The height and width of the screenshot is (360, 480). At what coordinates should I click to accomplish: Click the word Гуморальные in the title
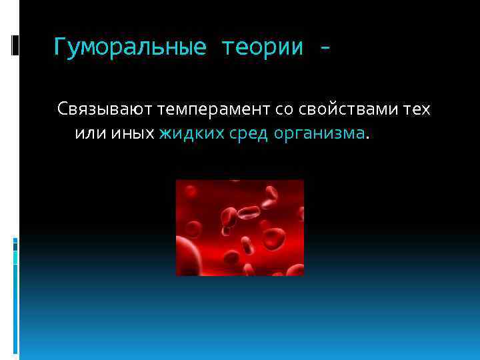point(130,48)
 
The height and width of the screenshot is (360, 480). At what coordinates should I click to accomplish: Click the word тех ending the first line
point(417,109)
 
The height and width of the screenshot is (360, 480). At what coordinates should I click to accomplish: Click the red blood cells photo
point(240,227)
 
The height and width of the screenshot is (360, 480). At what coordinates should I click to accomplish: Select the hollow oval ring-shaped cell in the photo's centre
point(249,213)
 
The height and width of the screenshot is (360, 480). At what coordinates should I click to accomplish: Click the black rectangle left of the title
point(15,45)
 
